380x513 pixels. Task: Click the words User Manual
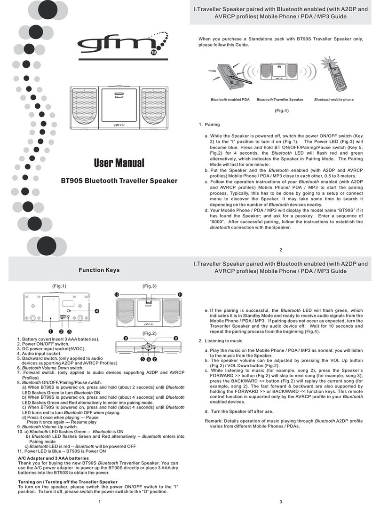(x=119, y=164)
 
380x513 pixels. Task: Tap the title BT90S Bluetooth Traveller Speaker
(x=119, y=180)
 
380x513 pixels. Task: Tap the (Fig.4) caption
(x=281, y=110)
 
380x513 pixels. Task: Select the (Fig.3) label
(x=149, y=286)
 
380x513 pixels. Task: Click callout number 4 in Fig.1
(x=97, y=311)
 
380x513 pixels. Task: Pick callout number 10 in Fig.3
(x=117, y=294)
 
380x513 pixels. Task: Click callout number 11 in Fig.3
(x=180, y=294)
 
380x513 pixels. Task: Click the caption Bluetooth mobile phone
(x=334, y=100)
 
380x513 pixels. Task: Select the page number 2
(x=280, y=250)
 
